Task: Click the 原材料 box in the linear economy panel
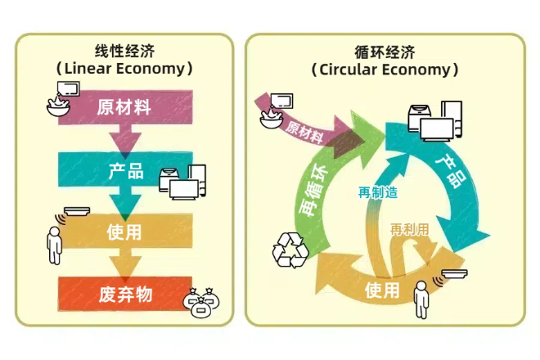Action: tap(125, 107)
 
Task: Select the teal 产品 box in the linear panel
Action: tap(125, 169)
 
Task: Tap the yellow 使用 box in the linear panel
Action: tap(125, 231)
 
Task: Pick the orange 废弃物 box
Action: tap(125, 294)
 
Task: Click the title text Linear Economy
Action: tap(124, 68)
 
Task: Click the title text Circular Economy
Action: tap(385, 70)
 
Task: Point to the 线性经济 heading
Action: tap(124, 52)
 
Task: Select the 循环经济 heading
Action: tap(385, 52)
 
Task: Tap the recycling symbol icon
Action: tap(290, 250)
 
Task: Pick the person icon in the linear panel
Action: tap(55, 245)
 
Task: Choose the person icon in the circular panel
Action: tap(421, 299)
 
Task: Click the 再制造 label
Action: tap(378, 192)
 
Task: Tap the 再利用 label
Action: tap(409, 229)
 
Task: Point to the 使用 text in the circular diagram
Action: tap(382, 290)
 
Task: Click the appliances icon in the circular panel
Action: tap(435, 121)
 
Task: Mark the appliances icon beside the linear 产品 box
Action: tap(182, 182)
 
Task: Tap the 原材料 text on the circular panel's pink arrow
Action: tap(304, 132)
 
